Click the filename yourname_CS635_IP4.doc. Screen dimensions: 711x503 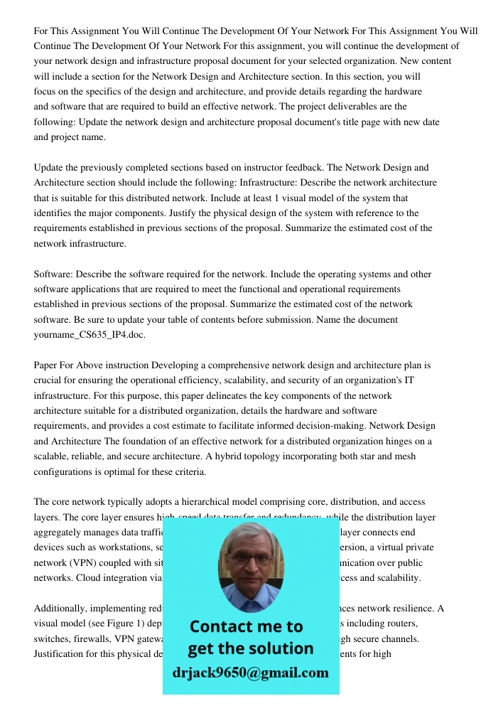[x=90, y=334]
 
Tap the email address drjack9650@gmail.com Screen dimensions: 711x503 [x=250, y=673]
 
